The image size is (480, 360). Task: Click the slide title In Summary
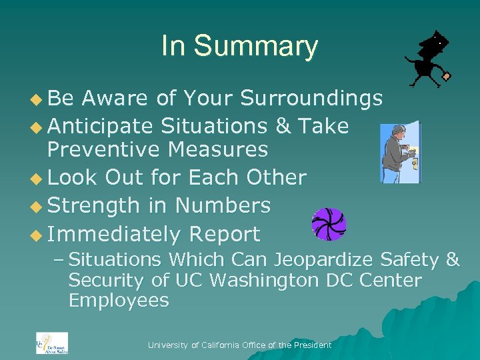pos(239,47)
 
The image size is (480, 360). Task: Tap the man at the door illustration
pos(399,153)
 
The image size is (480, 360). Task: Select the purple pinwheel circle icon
pos(329,224)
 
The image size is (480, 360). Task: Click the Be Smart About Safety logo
pos(52,343)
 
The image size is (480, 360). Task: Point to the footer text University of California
pos(239,345)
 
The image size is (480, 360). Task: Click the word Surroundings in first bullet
pos(311,99)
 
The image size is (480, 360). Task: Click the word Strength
pos(93,205)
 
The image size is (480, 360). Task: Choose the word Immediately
pos(114,235)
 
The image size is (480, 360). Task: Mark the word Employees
pos(118,301)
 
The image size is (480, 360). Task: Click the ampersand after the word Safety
pos(451,260)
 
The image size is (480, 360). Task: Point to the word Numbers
pos(223,205)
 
